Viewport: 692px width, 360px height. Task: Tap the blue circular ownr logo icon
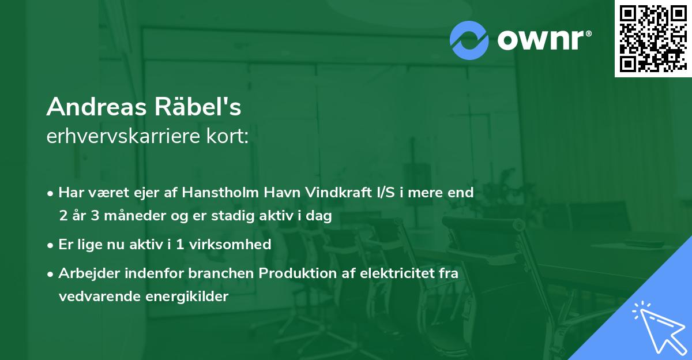coord(469,40)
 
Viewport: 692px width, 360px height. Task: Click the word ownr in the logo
coord(540,40)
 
